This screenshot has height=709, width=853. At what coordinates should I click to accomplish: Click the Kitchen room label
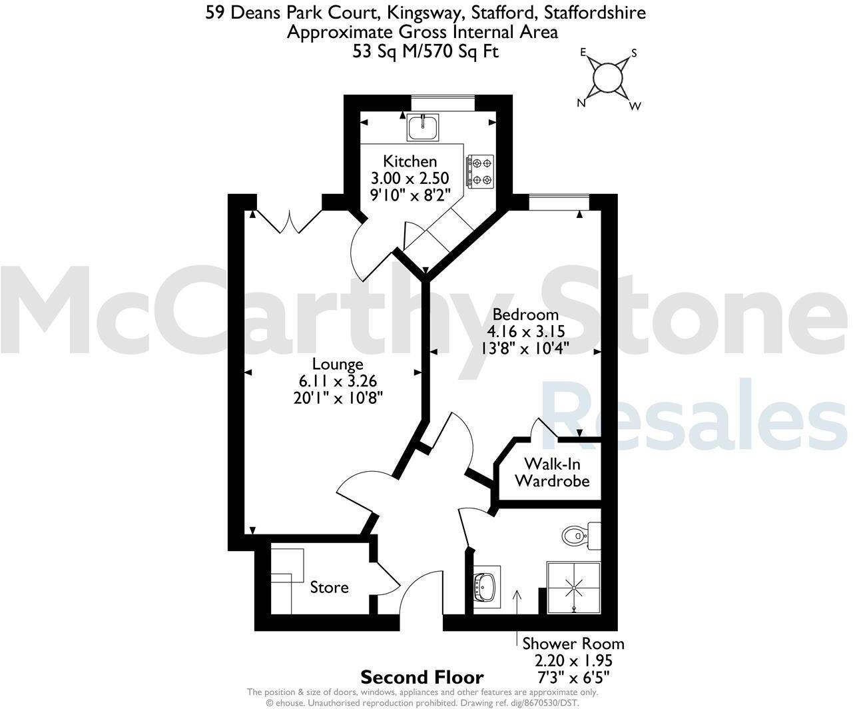(410, 161)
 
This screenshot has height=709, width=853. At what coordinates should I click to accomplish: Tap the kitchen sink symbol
(423, 127)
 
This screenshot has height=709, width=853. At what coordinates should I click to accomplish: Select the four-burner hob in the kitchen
(481, 172)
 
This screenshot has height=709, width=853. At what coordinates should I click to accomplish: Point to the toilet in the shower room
(581, 536)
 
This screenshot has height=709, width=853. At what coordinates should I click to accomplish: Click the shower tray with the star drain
(573, 588)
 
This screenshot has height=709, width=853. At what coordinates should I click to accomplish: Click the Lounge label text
(338, 364)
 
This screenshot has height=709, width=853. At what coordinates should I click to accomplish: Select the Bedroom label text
(525, 315)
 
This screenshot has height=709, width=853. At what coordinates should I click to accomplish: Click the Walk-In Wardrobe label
(552, 472)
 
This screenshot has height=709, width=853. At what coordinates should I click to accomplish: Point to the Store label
(329, 588)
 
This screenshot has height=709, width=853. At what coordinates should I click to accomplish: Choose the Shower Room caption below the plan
(573, 644)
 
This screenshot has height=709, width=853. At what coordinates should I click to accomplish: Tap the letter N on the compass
(581, 103)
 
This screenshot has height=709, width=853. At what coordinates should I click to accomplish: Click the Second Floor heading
(422, 678)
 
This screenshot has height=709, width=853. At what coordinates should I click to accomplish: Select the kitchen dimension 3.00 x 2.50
(410, 179)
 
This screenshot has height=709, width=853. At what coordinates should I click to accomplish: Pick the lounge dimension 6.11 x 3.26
(338, 381)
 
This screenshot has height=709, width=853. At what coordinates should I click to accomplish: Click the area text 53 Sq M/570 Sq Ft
(426, 52)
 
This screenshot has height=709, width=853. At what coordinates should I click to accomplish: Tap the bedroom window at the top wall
(559, 203)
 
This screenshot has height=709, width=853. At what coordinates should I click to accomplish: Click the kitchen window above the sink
(443, 103)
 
